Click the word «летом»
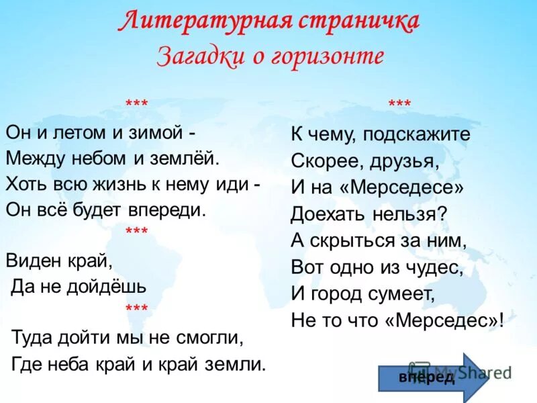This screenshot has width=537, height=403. click(80, 132)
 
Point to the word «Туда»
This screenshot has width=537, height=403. click(33, 337)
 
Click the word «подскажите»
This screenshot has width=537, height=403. click(417, 134)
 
